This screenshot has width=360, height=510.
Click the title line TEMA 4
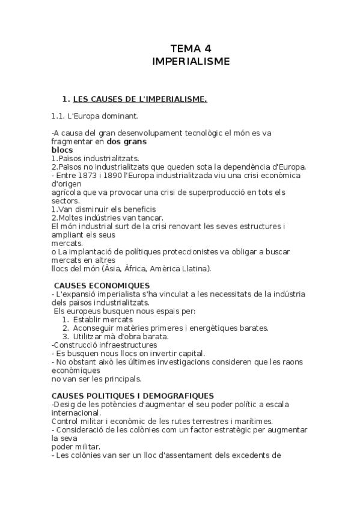pyautogui.click(x=191, y=49)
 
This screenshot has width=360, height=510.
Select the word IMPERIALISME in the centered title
pyautogui.click(x=191, y=61)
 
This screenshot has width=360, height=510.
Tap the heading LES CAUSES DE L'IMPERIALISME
pyautogui.click(x=139, y=99)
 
